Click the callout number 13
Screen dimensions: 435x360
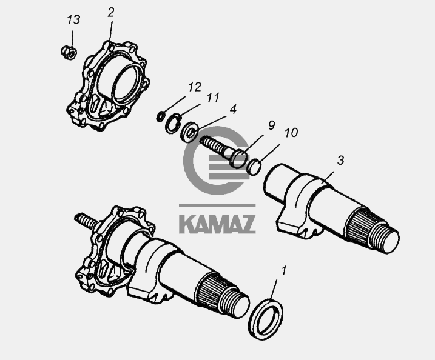[73, 19]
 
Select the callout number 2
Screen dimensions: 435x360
[110, 13]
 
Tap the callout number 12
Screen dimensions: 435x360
[195, 87]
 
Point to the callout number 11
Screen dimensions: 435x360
[213, 98]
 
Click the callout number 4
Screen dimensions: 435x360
[233, 109]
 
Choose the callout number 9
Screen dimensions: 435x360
[271, 125]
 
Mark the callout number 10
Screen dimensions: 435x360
[291, 133]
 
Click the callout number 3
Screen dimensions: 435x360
[340, 160]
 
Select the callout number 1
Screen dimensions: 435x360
[283, 271]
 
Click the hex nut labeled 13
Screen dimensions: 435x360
[69, 52]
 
